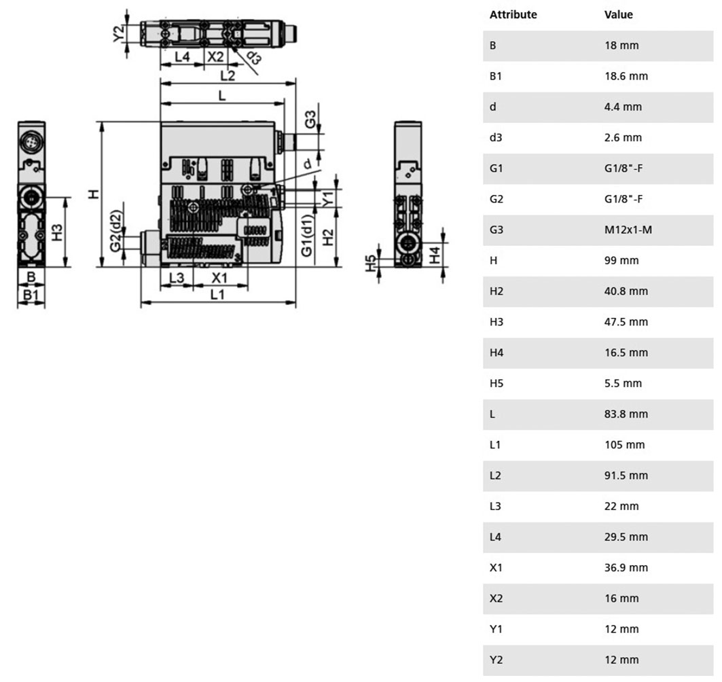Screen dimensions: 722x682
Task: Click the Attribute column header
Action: pyautogui.click(x=513, y=15)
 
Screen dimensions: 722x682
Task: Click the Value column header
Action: pyautogui.click(x=618, y=15)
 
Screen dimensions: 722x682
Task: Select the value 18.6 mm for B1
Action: pyautogui.click(x=626, y=76)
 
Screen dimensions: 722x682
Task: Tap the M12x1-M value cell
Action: pyautogui.click(x=628, y=230)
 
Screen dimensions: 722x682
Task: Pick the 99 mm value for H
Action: pyautogui.click(x=621, y=261)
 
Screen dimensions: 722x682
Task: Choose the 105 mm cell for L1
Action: pyautogui.click(x=624, y=445)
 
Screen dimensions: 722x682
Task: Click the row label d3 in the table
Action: pyautogui.click(x=495, y=138)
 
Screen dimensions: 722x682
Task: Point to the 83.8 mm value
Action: pyautogui.click(x=626, y=414)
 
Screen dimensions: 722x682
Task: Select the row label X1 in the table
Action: pyautogui.click(x=495, y=568)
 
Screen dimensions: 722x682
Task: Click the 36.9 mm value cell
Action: pyautogui.click(x=626, y=568)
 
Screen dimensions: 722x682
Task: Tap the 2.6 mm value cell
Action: pyautogui.click(x=623, y=138)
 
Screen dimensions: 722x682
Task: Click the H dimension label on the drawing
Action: pyautogui.click(x=94, y=194)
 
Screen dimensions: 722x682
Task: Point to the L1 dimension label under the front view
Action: pyautogui.click(x=217, y=294)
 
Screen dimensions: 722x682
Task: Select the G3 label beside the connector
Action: pyautogui.click(x=310, y=120)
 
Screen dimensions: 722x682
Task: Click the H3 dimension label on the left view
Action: pyautogui.click(x=56, y=232)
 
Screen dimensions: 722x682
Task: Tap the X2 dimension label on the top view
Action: pyautogui.click(x=215, y=56)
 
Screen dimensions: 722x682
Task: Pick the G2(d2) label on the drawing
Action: pyautogui.click(x=116, y=231)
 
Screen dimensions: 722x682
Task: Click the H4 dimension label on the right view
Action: pyautogui.click(x=435, y=255)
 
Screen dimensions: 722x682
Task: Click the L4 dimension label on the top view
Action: pyautogui.click(x=182, y=56)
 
